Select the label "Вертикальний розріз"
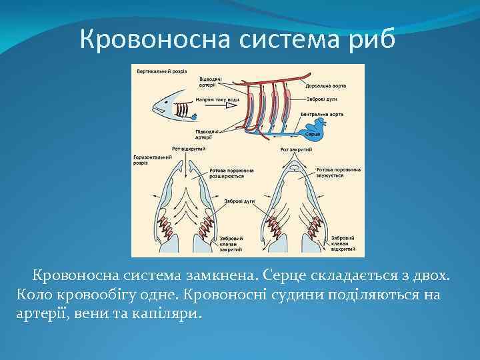tap(162, 71)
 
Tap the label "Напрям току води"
tap(218, 100)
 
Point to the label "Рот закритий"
tap(293, 149)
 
